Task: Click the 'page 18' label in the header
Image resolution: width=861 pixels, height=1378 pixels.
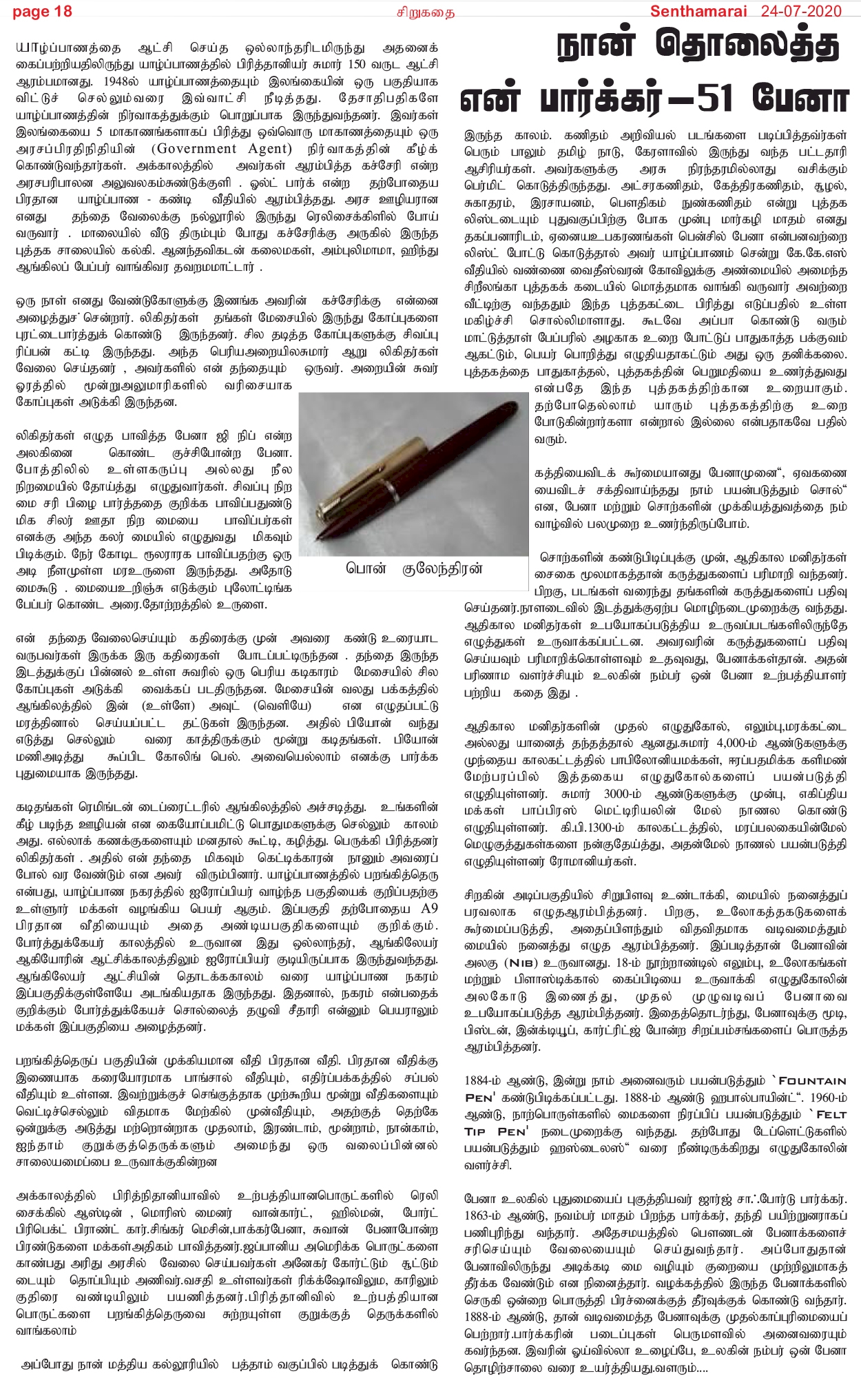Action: [42, 11]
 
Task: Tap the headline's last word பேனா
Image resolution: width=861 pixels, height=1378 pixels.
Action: [800, 99]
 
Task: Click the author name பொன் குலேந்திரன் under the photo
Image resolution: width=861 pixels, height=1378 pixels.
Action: [414, 569]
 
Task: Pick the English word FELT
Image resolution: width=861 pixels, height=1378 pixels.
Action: [831, 1114]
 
